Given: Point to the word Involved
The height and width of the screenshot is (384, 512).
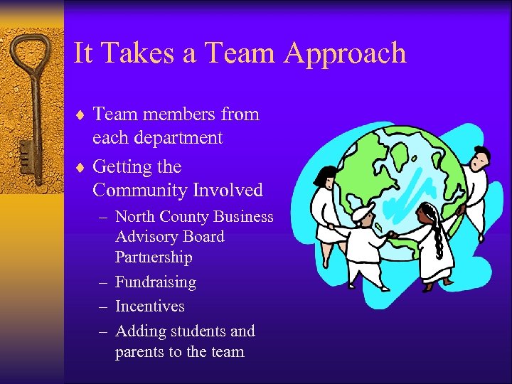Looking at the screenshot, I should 229,191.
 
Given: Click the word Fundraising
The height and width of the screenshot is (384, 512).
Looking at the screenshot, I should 155,282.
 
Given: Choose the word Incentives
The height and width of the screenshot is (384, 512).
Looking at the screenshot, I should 149,306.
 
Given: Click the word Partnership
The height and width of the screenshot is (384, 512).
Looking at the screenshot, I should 154,257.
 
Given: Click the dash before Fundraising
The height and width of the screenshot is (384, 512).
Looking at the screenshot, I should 102,283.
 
